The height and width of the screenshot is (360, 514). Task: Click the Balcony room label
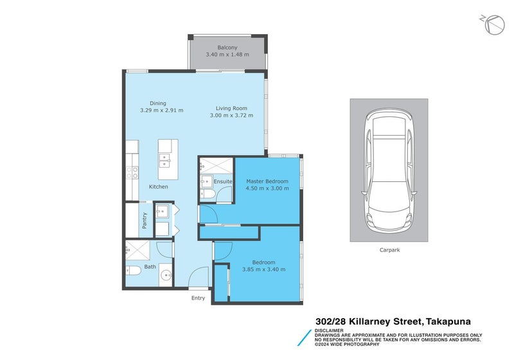[227, 47]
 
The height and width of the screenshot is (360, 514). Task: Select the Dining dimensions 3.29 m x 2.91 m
[162, 111]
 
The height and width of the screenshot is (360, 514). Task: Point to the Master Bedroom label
[267, 181]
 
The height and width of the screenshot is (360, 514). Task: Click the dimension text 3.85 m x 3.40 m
[263, 269]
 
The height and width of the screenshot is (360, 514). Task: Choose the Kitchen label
[159, 187]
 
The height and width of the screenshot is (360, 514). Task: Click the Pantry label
[145, 220]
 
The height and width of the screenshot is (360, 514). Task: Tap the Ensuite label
[222, 181]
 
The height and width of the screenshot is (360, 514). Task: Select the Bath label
[150, 266]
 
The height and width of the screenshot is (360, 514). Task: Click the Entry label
[198, 298]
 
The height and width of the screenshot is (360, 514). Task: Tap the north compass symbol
[493, 24]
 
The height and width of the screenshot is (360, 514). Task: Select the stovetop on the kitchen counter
[132, 172]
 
